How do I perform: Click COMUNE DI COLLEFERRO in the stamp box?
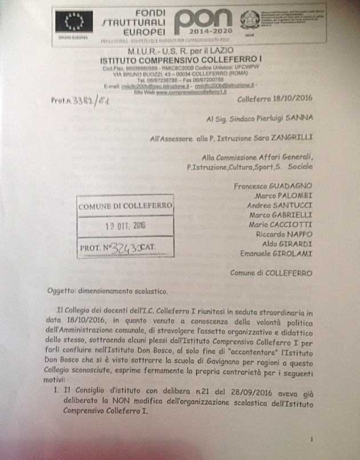(x=125, y=206)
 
